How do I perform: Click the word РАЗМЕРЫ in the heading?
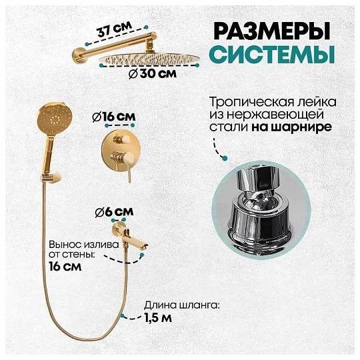(272, 31)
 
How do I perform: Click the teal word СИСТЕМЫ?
(272, 55)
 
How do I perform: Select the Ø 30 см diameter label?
(153, 74)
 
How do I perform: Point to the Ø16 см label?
(114, 117)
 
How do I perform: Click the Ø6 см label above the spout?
(115, 212)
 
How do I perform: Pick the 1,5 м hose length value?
(158, 318)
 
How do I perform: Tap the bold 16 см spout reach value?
(65, 267)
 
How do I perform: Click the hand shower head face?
(55, 119)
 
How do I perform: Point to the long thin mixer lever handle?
(129, 171)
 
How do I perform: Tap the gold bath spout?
(129, 237)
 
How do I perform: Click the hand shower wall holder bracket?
(51, 179)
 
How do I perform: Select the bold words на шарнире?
(291, 127)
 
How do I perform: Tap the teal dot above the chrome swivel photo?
(225, 158)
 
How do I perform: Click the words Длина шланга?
(181, 305)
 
